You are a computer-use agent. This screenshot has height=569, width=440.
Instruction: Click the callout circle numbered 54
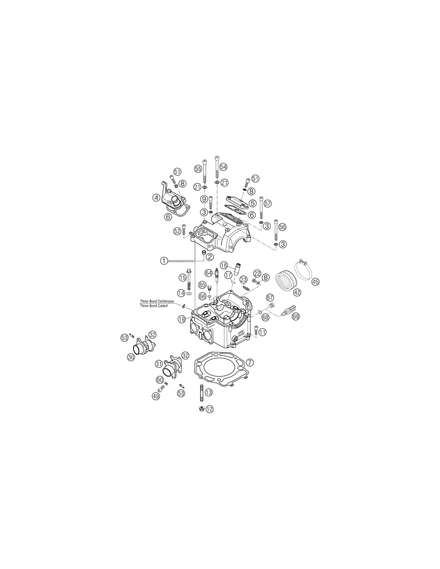pos(223,167)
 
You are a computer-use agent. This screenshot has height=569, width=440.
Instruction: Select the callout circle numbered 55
pos(198,169)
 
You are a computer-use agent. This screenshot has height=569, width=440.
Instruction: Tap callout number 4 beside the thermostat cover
pos(156,198)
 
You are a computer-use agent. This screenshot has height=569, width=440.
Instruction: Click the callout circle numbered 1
pos(164,260)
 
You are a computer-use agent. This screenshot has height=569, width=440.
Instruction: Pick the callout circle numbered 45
pos(316,282)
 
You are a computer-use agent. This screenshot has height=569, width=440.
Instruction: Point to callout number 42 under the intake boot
pos(297,293)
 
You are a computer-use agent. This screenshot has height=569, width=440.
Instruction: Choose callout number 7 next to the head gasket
pos(250,363)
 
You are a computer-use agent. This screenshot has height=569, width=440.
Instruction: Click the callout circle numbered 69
pos(296,317)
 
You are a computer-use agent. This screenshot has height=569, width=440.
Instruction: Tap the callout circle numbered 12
pos(210,409)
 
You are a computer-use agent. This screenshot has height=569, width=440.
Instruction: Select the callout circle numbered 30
pos(131,357)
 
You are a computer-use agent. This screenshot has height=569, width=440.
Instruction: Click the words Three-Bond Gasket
pos(154,306)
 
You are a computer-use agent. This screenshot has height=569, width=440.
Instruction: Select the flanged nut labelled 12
pos(201,408)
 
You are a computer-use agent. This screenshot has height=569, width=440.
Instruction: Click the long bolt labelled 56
pos(276,230)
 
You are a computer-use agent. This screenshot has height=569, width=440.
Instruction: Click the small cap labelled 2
pos(202,253)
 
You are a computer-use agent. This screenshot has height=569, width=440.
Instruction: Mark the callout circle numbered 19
pos(182,319)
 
